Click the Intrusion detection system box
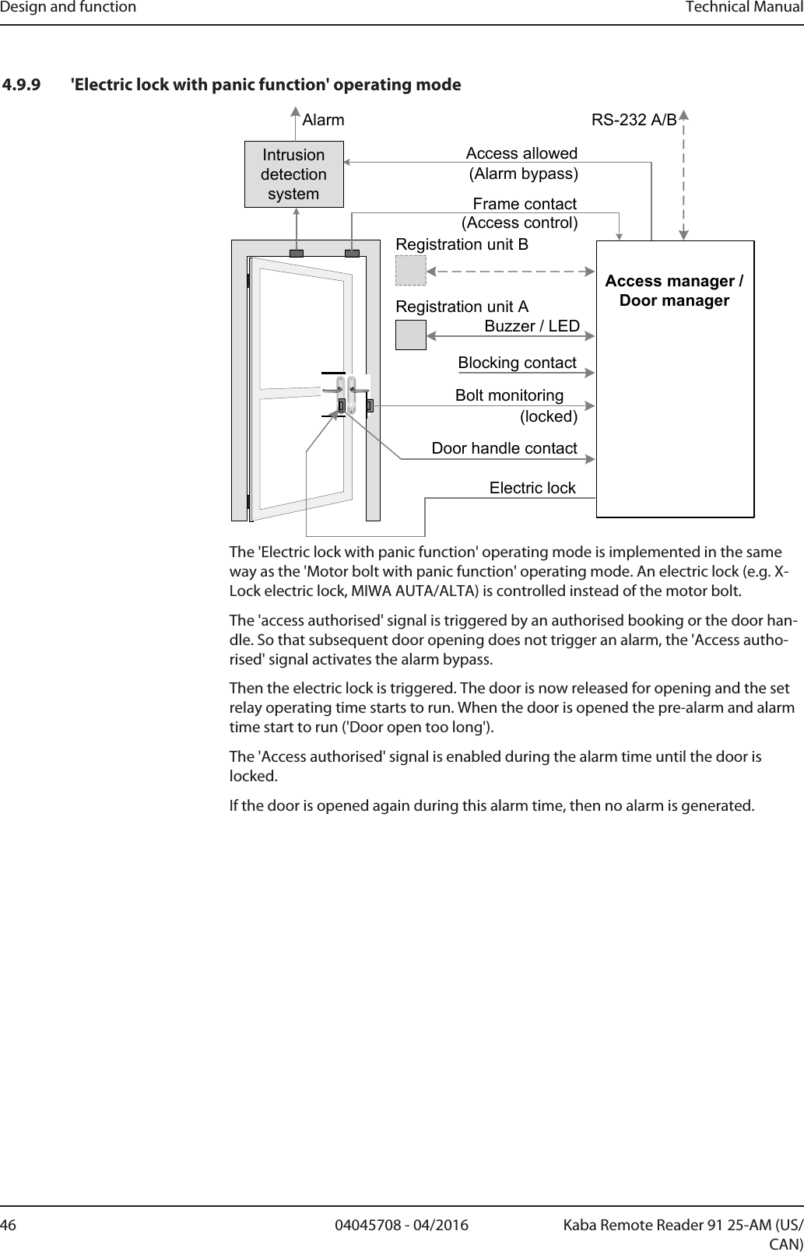coord(293,174)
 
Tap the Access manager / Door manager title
coord(674,290)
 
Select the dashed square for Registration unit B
coord(411,271)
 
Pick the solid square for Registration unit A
coord(411,335)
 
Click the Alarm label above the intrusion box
coord(323,121)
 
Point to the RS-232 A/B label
coord(634,121)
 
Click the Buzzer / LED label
coord(532,326)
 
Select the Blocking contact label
coord(517,363)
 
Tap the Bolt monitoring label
coord(509,395)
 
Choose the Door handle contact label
coord(504,448)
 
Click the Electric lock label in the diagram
coord(532,488)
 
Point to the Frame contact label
coord(525,204)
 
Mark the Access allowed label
coord(521,153)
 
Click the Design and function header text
coord(68,8)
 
